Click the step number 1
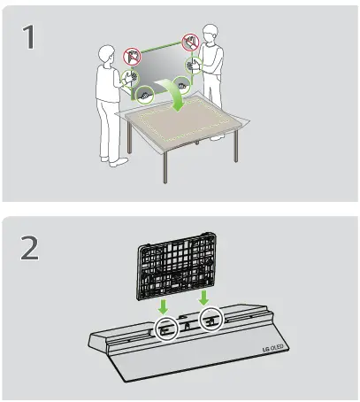click(x=31, y=40)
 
